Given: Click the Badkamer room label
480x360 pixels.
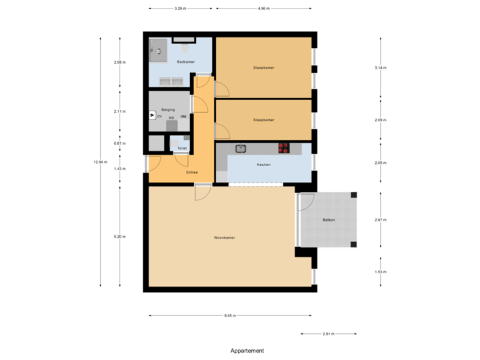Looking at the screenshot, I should coord(185,62).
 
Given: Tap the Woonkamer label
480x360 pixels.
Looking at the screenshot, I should coord(224,237).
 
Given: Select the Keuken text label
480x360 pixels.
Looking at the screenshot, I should coord(263,164).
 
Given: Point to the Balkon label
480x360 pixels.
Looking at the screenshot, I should coord(329,220).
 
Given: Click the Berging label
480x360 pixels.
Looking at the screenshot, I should coord(168,109).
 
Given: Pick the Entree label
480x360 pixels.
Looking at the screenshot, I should coord(192,172).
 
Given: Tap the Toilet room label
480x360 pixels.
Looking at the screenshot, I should coord(182,148).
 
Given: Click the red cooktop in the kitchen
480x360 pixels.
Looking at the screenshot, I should coord(284,147).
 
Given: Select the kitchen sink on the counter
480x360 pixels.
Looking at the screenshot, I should coord(241,148).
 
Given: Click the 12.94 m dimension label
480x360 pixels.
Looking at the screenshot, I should coord(100,162).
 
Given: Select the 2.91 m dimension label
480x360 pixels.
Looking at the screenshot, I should coord(328,333).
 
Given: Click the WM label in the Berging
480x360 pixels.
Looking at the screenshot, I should coord(183,117).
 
